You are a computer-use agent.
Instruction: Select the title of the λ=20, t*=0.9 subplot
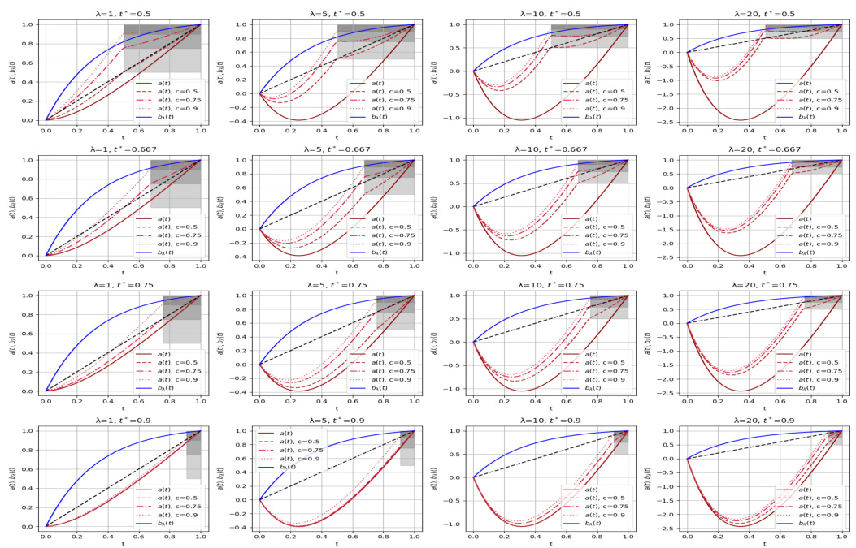pyautogui.click(x=764, y=421)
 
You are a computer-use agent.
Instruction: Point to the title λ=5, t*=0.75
pyautogui.click(x=337, y=285)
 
